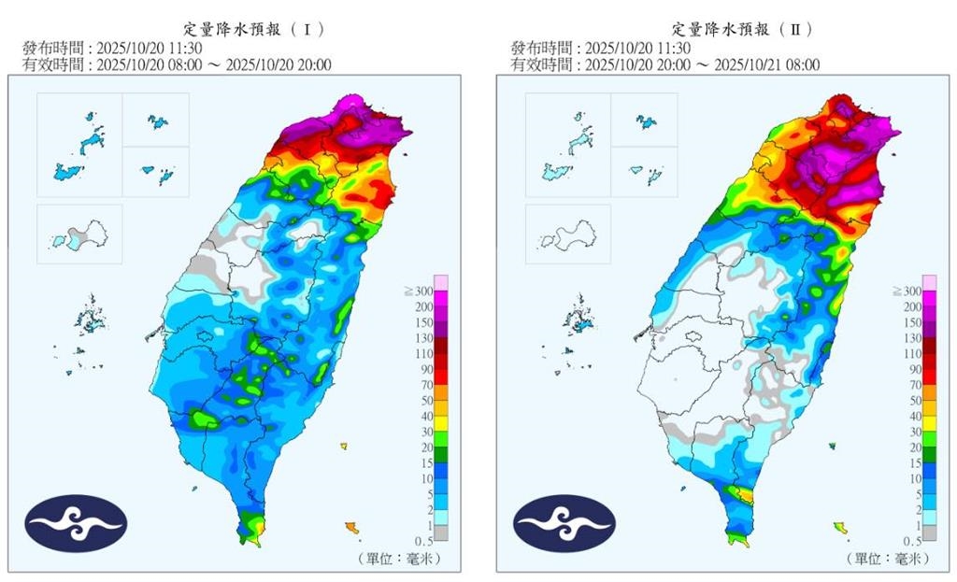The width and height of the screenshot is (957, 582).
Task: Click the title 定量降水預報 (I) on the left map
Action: coord(249,29)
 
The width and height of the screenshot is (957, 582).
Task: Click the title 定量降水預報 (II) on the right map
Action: coord(737,29)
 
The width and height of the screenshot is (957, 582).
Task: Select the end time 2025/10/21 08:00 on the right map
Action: coord(765,64)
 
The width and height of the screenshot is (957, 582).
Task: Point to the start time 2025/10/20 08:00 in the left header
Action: coord(139,64)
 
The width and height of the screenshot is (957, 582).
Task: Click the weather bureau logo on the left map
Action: coord(75,523)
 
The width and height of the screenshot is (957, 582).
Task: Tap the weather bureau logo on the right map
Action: coord(564,523)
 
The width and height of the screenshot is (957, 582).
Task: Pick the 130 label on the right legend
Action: coord(911,338)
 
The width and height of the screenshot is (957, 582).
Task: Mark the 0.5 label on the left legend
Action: coord(423,541)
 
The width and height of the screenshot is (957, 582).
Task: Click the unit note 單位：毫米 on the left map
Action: coord(397,559)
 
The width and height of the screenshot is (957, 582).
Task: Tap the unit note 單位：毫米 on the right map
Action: coord(886,559)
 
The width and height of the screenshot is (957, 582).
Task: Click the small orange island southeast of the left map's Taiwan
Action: coord(351,528)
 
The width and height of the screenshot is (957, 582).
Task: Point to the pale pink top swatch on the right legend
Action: coord(930,283)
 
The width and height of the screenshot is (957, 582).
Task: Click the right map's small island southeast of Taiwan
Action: coord(840,528)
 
